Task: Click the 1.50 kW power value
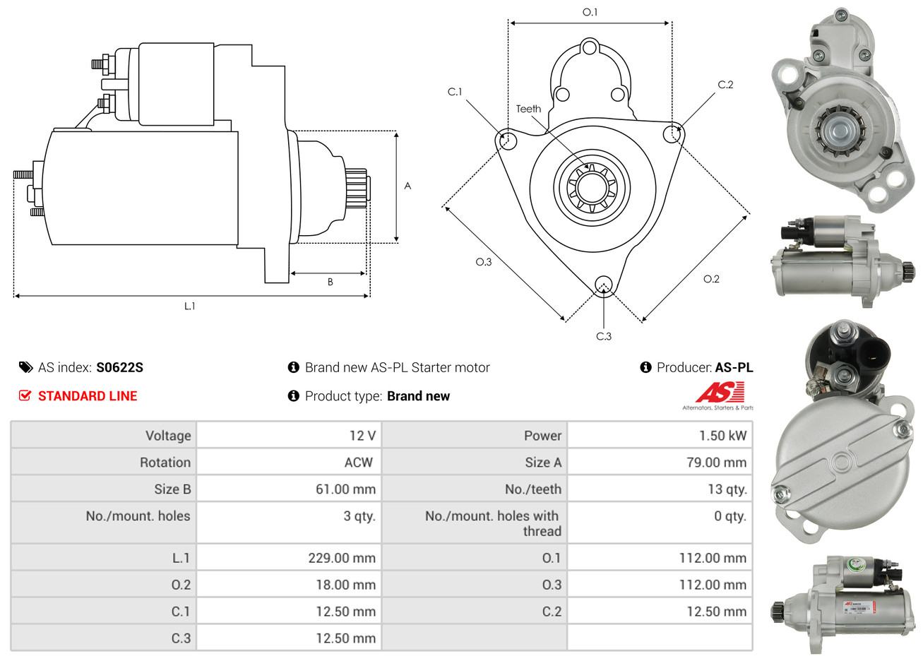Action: tap(722, 436)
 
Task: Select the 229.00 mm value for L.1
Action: tap(342, 558)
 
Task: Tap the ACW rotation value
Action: tap(358, 463)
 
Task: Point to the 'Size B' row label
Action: tap(172, 489)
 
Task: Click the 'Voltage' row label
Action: tap(168, 436)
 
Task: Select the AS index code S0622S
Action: tap(119, 367)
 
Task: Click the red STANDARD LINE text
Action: tap(88, 396)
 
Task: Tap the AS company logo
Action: tap(720, 393)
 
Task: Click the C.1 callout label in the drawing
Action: tap(455, 92)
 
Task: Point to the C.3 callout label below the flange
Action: tap(604, 336)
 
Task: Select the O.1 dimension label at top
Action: tap(590, 12)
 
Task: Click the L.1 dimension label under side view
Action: tap(189, 306)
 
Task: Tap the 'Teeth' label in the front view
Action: tap(528, 109)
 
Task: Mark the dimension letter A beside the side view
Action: tap(407, 186)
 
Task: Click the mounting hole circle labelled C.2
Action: tap(674, 133)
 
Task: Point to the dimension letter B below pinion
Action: tap(330, 282)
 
